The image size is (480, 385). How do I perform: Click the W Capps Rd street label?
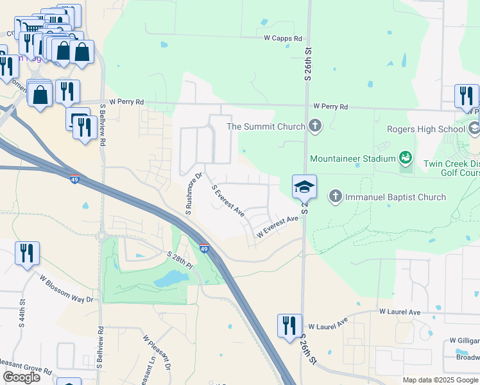click(x=283, y=38)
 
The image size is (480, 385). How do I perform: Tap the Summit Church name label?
click(x=266, y=126)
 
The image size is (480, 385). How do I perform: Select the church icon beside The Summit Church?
click(x=314, y=126)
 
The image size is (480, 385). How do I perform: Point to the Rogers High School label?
click(x=425, y=129)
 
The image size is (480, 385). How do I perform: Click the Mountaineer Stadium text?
click(x=352, y=158)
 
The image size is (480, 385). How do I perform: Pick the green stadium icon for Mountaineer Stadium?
click(x=405, y=157)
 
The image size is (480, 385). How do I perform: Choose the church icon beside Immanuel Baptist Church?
click(x=335, y=196)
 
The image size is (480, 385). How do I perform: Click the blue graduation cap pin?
click(x=304, y=187)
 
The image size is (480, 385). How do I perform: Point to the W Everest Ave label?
click(x=278, y=227)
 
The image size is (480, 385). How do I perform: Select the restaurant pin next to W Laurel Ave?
click(x=289, y=325)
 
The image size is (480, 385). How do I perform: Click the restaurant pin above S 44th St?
click(x=27, y=253)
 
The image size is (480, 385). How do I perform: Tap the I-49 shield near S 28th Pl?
click(x=203, y=249)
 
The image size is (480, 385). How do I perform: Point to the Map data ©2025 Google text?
click(x=441, y=380)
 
